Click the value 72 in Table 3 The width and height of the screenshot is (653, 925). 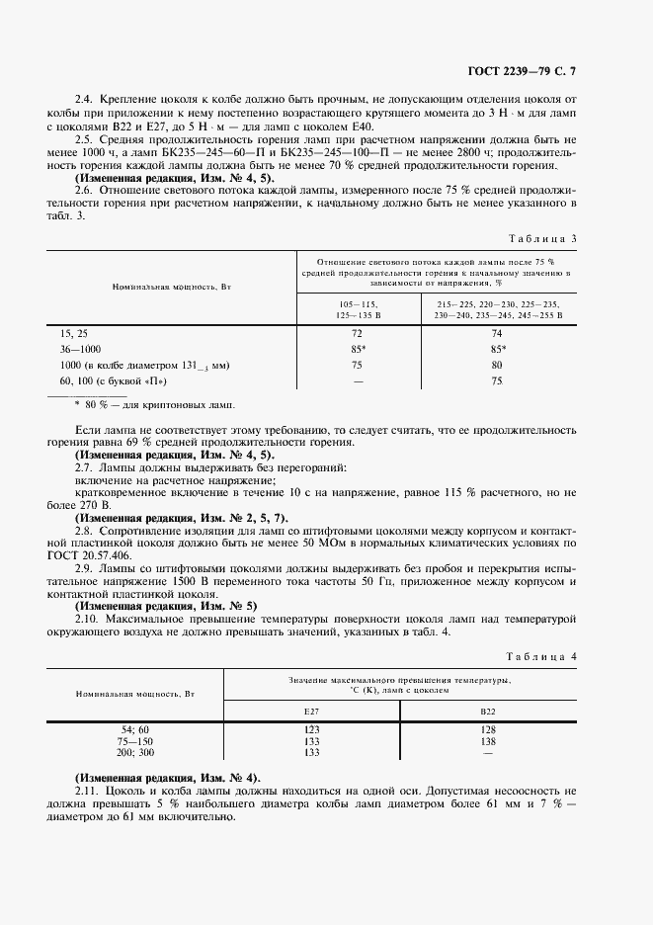click(x=357, y=334)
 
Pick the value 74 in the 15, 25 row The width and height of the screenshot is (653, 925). click(x=497, y=334)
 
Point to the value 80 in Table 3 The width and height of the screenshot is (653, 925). click(x=497, y=364)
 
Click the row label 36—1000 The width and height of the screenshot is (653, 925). click(x=80, y=349)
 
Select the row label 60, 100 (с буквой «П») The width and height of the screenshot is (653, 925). click(x=114, y=379)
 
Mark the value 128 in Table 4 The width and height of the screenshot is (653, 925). click(x=488, y=729)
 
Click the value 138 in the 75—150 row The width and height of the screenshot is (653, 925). click(x=488, y=740)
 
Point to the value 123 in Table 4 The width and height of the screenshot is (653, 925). click(x=312, y=729)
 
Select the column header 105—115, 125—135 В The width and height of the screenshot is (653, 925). click(x=357, y=309)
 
